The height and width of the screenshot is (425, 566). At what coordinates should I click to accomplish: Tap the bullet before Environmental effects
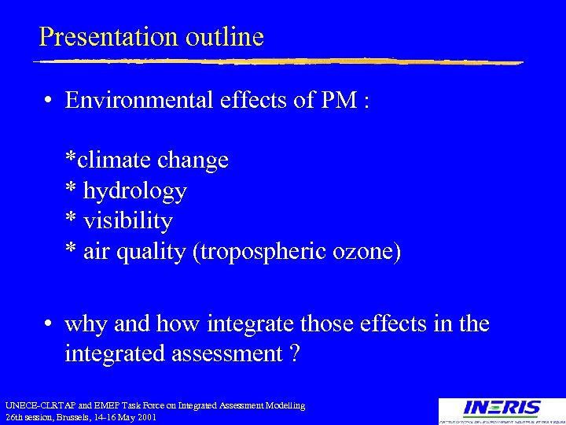pos(49,101)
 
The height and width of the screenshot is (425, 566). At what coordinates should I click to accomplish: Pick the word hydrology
pos(134,191)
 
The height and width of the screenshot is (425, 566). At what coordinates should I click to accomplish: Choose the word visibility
pos(127,221)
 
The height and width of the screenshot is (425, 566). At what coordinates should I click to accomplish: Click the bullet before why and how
pos(49,324)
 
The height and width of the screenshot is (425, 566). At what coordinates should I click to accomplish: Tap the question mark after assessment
pos(293,354)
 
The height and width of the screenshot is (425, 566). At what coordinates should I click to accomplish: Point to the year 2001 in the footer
pos(146,417)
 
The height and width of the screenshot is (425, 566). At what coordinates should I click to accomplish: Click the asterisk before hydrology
pos(71,190)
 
